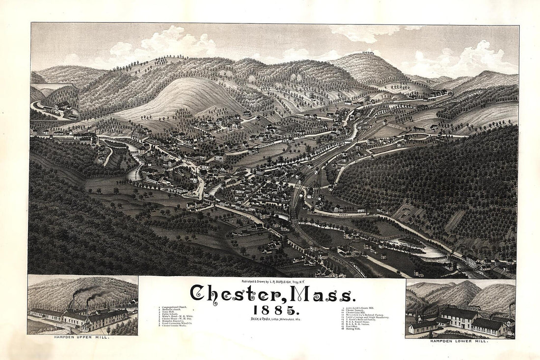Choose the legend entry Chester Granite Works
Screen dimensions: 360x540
[x=173, y=326]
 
